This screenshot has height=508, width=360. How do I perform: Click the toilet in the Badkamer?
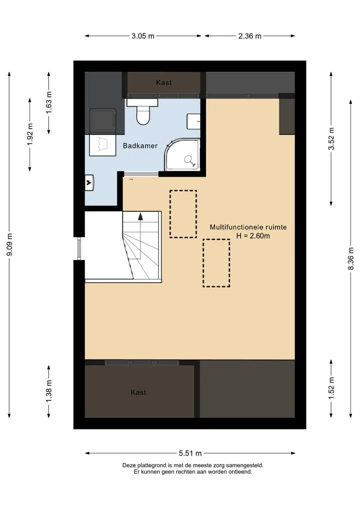[x=142, y=112]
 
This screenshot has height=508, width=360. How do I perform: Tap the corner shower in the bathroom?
[x=182, y=154]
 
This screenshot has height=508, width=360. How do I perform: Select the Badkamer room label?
[x=140, y=146]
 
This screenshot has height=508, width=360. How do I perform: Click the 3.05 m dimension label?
[x=142, y=36]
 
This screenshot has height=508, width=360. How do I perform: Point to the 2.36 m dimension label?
[x=249, y=36]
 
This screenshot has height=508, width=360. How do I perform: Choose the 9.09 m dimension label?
[x=9, y=244]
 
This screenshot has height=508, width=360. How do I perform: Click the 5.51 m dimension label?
[x=190, y=453]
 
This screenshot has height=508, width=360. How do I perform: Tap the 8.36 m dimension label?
[x=351, y=259]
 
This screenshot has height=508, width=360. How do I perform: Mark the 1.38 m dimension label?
[x=48, y=392]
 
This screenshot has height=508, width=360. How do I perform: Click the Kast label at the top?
[x=164, y=82]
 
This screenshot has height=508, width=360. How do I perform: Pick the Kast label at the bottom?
[x=138, y=392]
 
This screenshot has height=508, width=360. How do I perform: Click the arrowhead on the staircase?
[x=140, y=216]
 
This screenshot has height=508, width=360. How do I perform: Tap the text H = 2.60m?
[x=253, y=236]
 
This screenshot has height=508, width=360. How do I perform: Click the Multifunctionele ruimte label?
[x=248, y=227]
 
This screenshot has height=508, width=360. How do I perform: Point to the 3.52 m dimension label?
[x=331, y=139]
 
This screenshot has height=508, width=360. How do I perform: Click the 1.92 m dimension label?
[x=30, y=134]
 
